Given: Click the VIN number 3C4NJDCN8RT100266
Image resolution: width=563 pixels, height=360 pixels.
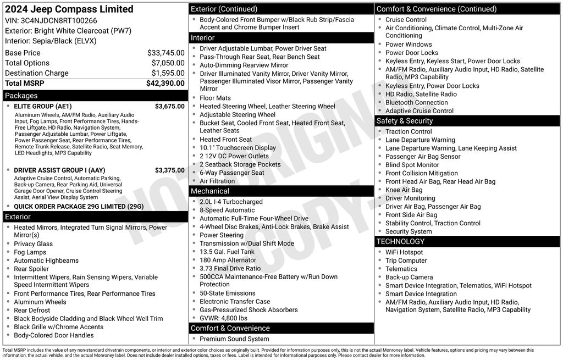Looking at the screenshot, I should pos(51,21).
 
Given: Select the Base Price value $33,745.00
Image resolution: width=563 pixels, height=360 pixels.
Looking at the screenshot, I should pos(165,53).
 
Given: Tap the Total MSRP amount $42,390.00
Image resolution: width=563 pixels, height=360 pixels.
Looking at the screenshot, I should pos(165,84).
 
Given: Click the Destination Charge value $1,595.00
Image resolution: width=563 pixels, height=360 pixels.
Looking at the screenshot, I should pos(168,73).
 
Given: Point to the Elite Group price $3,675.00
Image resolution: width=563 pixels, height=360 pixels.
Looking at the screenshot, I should pos(169,107).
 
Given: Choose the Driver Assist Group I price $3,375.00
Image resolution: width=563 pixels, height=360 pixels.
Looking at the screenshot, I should pos(169,170).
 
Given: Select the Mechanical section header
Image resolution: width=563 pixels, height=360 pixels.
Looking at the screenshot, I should pos(209,191).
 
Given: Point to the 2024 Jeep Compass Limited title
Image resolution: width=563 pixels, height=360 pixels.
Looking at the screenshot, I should pos(69,9).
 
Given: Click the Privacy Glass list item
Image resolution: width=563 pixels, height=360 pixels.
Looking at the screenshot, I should pos(33,244).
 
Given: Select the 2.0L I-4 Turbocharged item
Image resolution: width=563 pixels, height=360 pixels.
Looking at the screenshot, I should pos(231,202).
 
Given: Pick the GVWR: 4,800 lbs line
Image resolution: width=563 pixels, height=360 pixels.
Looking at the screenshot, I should pos(223,318).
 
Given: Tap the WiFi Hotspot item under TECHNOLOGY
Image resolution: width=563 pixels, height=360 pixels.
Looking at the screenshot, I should pos(404,252).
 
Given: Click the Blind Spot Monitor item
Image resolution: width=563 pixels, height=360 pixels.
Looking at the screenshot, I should pos(412,165).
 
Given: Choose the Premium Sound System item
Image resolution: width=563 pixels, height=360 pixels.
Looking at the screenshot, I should pos(234,339).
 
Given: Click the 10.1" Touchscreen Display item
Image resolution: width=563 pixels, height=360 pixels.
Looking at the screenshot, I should pos(238,148).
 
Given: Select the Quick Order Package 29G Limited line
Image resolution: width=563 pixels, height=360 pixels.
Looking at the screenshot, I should pos(79,207).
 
